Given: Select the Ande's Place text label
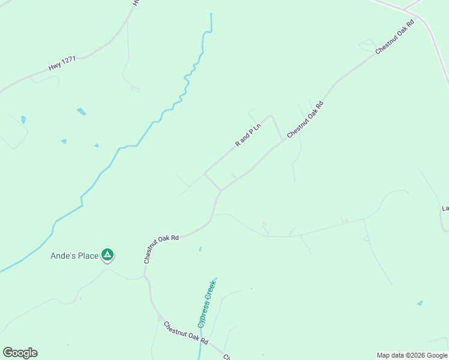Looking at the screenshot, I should pyautogui.click(x=74, y=256).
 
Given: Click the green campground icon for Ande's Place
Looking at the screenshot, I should pyautogui.click(x=107, y=256).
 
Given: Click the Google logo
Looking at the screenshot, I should pyautogui.click(x=20, y=353).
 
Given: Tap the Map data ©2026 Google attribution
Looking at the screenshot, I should pyautogui.click(x=411, y=355).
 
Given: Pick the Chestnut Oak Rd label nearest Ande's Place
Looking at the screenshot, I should pyautogui.click(x=161, y=249).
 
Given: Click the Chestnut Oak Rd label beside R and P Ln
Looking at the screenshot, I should pyautogui.click(x=305, y=120).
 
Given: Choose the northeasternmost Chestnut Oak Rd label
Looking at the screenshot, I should pyautogui.click(x=395, y=38).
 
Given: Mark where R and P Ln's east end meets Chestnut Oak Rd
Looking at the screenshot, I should pyautogui.click(x=283, y=140).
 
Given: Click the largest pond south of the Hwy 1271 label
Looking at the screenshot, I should pyautogui.click(x=81, y=112).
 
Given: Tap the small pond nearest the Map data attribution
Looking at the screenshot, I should pyautogui.click(x=420, y=303).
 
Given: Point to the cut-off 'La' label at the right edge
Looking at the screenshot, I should pyautogui.click(x=445, y=208).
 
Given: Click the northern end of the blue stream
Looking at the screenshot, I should pyautogui.click(x=211, y=14).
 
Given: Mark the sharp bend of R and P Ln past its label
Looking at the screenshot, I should pyautogui.click(x=271, y=116).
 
